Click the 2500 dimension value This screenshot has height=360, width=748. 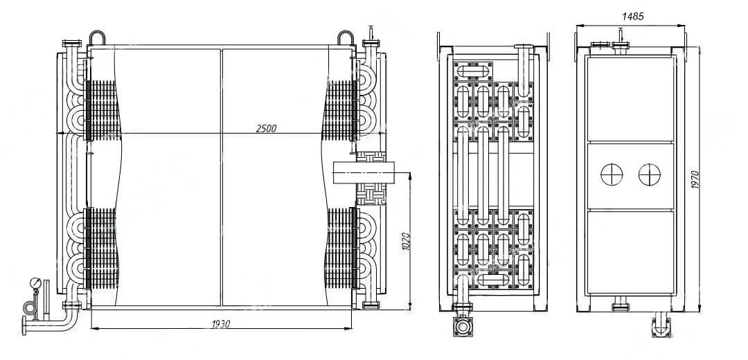point(266,128)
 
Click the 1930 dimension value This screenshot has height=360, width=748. point(221,324)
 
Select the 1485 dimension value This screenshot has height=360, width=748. point(633,16)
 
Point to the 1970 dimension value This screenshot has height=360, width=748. point(695,180)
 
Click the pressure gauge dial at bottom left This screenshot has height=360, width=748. point(35,282)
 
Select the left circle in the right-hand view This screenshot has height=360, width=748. point(612,175)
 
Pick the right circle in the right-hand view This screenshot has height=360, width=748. point(649,175)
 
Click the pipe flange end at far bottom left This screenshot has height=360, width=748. point(24,325)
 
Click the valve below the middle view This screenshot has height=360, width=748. point(463,327)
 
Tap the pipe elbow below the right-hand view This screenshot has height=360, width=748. point(661,325)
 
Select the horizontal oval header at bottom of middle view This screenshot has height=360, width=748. point(493,280)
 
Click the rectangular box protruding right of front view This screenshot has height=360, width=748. point(365,172)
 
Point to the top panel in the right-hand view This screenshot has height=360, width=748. point(630,99)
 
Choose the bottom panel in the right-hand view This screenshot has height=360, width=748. point(630,252)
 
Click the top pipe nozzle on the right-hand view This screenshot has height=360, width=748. point(620,42)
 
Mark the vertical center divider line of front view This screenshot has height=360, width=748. point(222,177)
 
